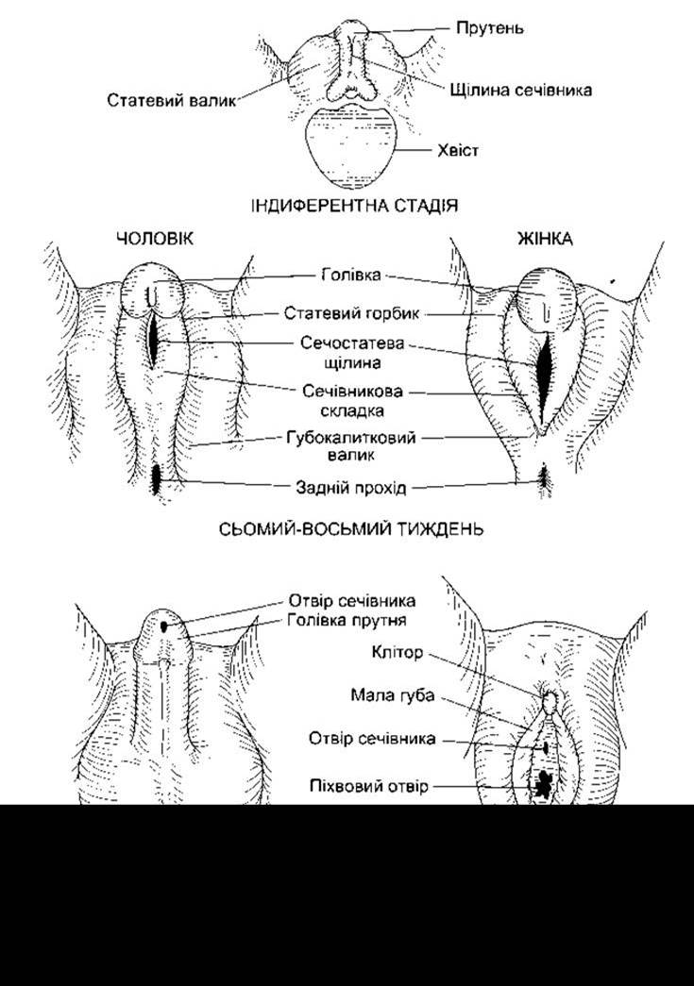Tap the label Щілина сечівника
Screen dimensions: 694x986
(x=520, y=90)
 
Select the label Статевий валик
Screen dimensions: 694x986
(x=171, y=100)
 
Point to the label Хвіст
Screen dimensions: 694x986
(x=458, y=150)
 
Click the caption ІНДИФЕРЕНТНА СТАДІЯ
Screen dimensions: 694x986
(x=354, y=205)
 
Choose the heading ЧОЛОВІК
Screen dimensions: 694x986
(x=155, y=239)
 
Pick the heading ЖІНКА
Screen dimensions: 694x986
(x=545, y=239)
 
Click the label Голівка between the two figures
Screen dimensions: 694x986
(x=351, y=275)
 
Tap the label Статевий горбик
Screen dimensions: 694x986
(x=351, y=312)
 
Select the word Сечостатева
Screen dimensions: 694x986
(x=351, y=344)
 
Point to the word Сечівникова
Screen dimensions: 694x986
(x=352, y=392)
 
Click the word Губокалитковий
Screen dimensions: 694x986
(x=351, y=437)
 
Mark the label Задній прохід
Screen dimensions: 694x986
(x=351, y=488)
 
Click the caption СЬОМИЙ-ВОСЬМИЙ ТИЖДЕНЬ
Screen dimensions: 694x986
(x=351, y=528)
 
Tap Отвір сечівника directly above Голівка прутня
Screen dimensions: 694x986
(x=351, y=600)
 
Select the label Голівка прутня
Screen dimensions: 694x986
(x=347, y=620)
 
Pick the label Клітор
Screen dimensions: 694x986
(x=397, y=652)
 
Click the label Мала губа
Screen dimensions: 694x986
(x=392, y=695)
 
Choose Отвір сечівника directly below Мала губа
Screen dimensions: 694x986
(x=372, y=738)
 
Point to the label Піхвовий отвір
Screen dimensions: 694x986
(x=368, y=786)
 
